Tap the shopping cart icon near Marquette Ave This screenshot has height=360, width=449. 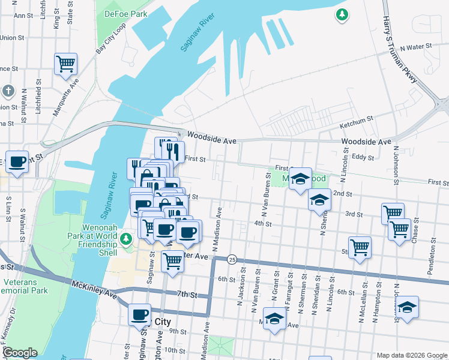65,63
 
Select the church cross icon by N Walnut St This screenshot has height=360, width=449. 8,91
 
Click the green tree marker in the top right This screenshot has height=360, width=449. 342,14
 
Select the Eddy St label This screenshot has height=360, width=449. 363,157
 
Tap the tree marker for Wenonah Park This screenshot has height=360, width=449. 126,239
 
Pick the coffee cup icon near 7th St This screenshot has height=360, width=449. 140,314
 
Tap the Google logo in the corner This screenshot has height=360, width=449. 20,353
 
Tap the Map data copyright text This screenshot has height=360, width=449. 411,355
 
